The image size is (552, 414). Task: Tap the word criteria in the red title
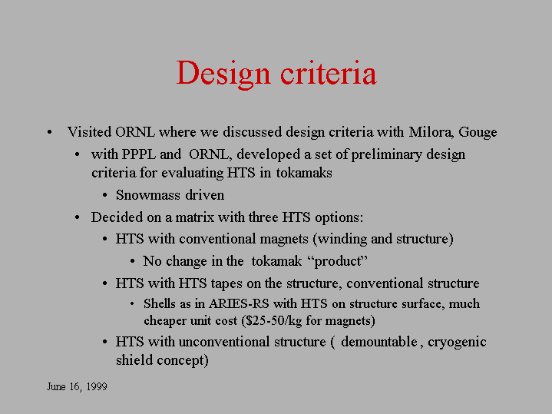(x=329, y=72)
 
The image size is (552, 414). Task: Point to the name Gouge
(x=478, y=133)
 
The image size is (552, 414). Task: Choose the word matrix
(x=195, y=217)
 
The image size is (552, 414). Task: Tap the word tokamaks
(x=304, y=173)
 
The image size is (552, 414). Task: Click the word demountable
(x=379, y=342)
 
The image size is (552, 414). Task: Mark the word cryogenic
(x=457, y=343)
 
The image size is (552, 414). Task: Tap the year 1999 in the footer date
(x=97, y=386)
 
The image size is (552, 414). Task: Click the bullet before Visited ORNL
(x=50, y=132)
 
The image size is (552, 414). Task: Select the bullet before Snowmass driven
(x=104, y=195)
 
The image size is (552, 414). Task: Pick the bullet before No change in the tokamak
(x=132, y=261)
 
